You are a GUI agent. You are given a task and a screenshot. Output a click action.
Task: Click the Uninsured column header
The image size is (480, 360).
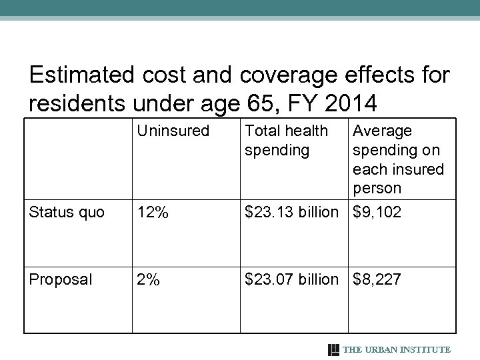(173, 131)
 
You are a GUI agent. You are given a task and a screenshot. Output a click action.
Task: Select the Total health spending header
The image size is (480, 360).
(286, 141)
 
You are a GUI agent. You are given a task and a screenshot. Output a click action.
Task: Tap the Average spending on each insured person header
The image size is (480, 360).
(397, 159)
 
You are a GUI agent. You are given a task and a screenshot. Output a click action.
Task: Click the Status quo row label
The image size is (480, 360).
(66, 213)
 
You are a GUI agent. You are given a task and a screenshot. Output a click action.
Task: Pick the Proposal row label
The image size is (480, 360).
(60, 279)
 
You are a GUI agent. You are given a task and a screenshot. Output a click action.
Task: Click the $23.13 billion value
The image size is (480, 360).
(291, 213)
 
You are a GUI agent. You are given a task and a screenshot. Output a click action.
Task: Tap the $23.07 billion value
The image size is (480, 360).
(291, 279)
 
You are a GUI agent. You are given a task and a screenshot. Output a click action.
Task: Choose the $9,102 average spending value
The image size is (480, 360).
(377, 213)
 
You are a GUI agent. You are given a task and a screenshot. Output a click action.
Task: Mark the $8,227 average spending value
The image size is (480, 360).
(377, 279)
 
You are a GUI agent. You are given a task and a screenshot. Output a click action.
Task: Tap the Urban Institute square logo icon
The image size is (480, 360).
(334, 349)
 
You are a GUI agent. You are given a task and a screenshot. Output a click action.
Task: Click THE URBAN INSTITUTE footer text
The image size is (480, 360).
(397, 349)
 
